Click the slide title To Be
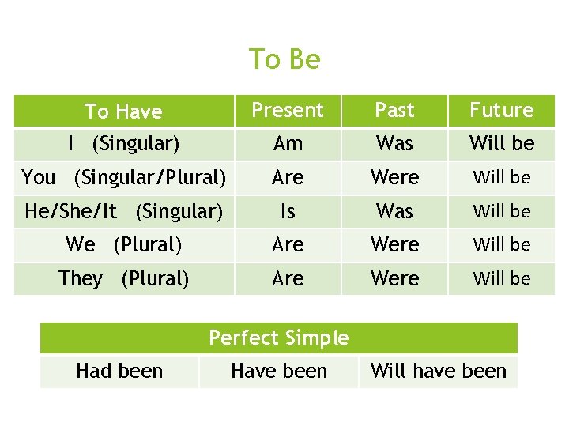coord(284,59)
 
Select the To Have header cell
coord(123,111)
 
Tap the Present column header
coord(288,110)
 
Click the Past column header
coord(394,110)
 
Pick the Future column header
coord(502,110)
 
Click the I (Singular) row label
coord(123,144)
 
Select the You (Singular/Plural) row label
coord(123,177)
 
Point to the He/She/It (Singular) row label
coord(123,211)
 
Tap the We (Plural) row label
coord(123,245)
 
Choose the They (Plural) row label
coord(123,278)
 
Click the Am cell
coord(288,144)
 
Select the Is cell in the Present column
coord(288,211)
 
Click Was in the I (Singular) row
coord(394,144)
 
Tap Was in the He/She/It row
coord(394,211)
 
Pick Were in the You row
coord(394,177)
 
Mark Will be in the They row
coord(502,278)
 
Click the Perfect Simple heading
coord(278,338)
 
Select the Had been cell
coord(119,371)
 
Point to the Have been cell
coord(278,371)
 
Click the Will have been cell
coord(438,371)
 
